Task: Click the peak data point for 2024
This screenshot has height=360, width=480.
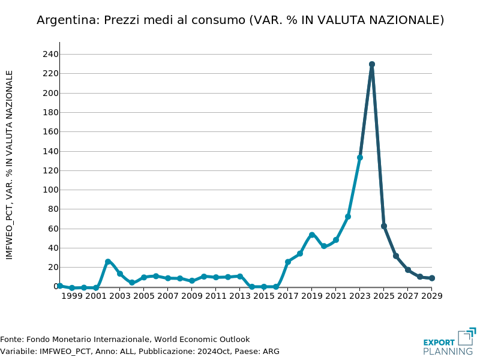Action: [x=372, y=64]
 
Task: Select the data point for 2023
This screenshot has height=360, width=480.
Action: [x=360, y=157]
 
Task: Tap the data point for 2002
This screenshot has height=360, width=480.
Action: [x=108, y=262]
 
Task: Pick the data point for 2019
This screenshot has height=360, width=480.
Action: [x=312, y=235]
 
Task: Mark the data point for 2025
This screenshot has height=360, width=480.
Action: [x=384, y=226]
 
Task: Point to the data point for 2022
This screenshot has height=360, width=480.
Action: [x=348, y=217]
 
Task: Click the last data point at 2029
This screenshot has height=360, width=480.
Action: [x=432, y=278]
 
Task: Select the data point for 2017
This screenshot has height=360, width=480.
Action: [x=288, y=262]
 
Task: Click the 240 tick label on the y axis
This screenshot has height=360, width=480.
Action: [x=50, y=55]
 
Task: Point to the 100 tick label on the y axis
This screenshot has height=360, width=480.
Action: [x=50, y=190]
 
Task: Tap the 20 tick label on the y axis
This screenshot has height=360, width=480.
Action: [x=53, y=268]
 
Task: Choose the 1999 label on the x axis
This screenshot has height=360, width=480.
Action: [x=72, y=296]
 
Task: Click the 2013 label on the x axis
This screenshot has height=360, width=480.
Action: [x=240, y=296]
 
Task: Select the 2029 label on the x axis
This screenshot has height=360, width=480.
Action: [x=431, y=296]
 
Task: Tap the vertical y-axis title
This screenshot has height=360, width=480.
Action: [x=10, y=165]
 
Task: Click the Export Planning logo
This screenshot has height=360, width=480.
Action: [x=449, y=341]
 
